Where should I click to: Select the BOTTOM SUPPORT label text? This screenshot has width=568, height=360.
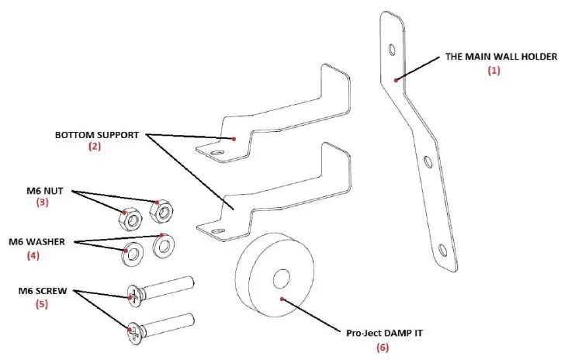click(x=96, y=134)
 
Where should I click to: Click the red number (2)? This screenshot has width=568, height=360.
click(x=95, y=146)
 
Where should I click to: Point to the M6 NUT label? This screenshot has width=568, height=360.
click(x=47, y=190)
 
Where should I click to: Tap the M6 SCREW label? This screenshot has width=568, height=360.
click(x=43, y=291)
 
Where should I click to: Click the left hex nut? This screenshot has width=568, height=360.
click(x=130, y=220)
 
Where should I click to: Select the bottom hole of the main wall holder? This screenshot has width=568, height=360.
click(x=442, y=250)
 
